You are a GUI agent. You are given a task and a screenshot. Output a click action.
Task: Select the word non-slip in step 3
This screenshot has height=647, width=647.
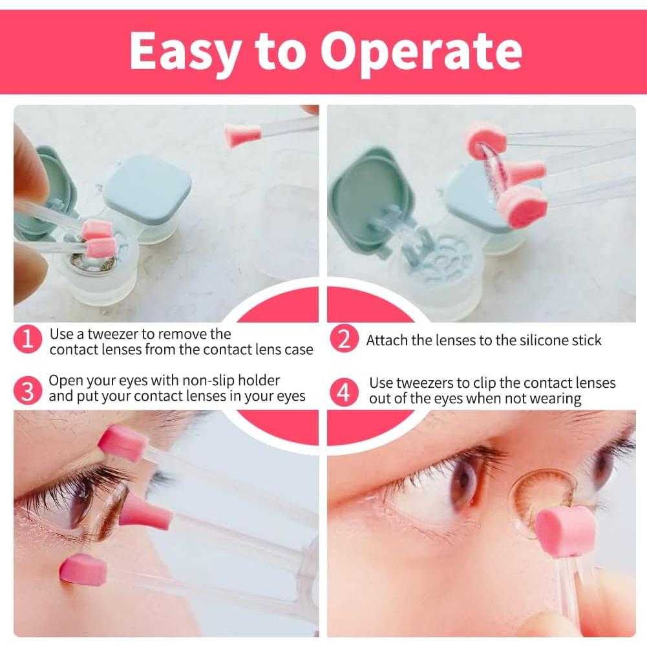click(202, 381)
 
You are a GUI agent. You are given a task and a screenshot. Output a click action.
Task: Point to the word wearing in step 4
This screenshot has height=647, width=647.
click(555, 398)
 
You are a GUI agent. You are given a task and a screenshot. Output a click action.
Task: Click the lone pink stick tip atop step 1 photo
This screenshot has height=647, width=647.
click(243, 136)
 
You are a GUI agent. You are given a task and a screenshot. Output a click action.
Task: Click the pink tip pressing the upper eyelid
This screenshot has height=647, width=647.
click(122, 443)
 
